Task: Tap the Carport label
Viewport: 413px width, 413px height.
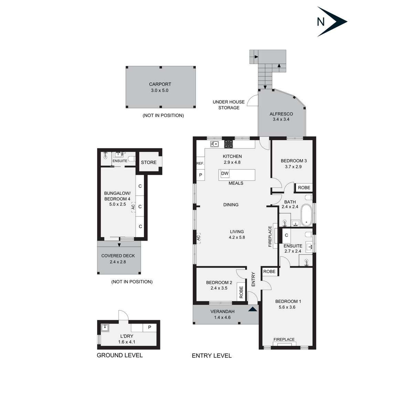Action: click(160, 84)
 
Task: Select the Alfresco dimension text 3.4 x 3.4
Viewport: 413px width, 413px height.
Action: click(281, 119)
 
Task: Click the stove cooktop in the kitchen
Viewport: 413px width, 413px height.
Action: click(229, 144)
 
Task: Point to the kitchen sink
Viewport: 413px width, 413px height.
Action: click(214, 144)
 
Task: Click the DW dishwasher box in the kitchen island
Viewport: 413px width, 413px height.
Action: click(225, 173)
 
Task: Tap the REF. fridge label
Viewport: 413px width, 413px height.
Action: click(200, 163)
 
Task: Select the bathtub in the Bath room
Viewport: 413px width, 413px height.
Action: click(306, 215)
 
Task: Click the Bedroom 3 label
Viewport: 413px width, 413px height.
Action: click(294, 161)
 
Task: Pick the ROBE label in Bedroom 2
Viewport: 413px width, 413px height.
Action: click(241, 292)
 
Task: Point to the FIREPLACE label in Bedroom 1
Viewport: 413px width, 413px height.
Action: click(284, 339)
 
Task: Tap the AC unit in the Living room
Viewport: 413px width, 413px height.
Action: click(199, 238)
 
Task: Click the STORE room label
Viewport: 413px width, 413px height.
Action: click(149, 162)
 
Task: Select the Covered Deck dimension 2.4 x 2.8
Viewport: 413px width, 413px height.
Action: click(118, 262)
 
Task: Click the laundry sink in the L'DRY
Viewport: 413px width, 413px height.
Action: click(105, 328)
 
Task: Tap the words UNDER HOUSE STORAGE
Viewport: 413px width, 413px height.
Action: click(229, 105)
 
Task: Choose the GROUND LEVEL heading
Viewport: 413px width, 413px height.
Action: click(119, 355)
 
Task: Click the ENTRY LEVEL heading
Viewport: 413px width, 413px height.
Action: click(212, 356)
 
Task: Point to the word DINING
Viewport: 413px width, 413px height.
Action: click(231, 205)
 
